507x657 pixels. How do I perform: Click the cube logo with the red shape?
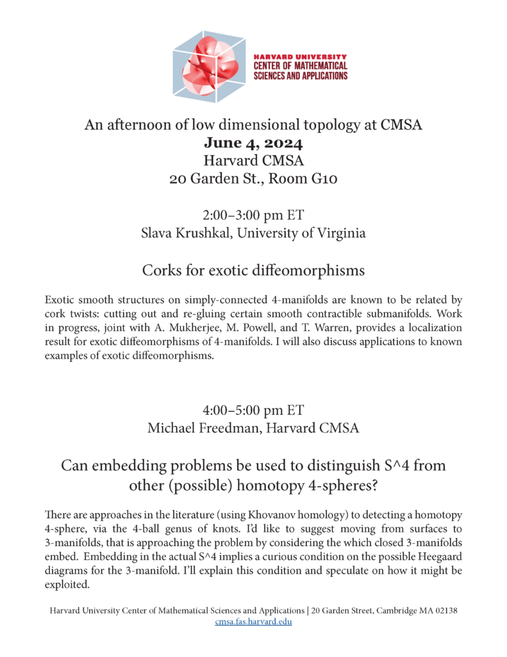point(209,67)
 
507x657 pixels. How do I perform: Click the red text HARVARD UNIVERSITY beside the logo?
point(301,57)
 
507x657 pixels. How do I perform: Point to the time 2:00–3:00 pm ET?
point(253,215)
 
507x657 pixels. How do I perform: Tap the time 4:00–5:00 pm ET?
point(253,409)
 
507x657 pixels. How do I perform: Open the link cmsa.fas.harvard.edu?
point(253,621)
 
